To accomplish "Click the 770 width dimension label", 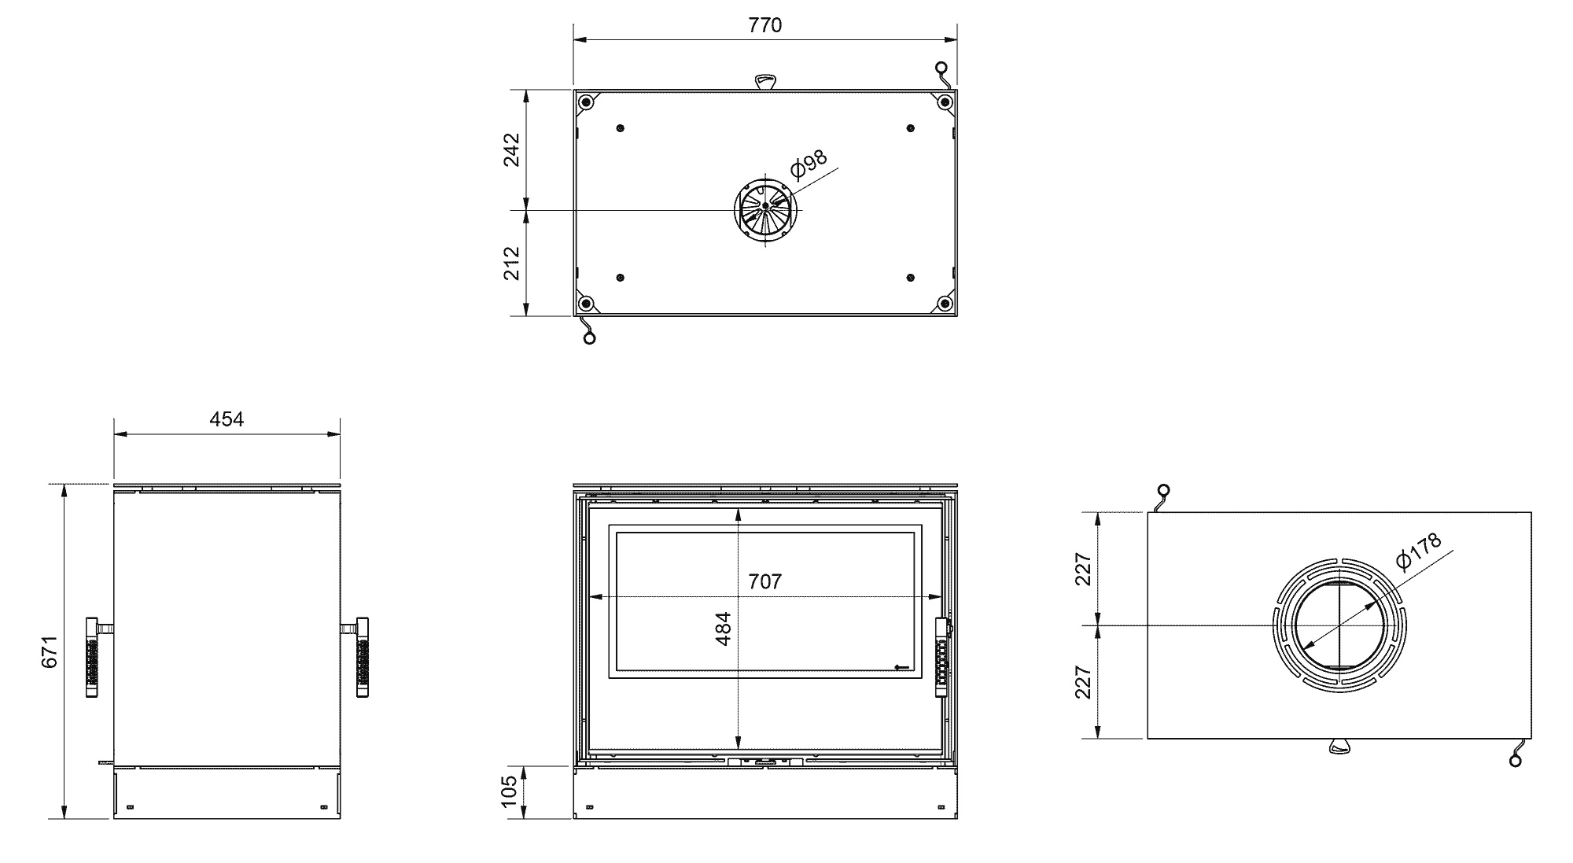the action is click(764, 25).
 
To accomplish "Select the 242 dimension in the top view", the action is click(511, 149).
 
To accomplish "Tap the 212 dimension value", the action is click(511, 263).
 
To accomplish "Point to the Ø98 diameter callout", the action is click(809, 164).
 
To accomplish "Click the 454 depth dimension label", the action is click(227, 419).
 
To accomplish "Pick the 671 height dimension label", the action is click(50, 651).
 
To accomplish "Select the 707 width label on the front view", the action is click(764, 581).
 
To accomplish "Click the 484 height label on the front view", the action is click(724, 629).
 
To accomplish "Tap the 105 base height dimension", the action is click(509, 791).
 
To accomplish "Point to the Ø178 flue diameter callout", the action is click(1419, 550).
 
